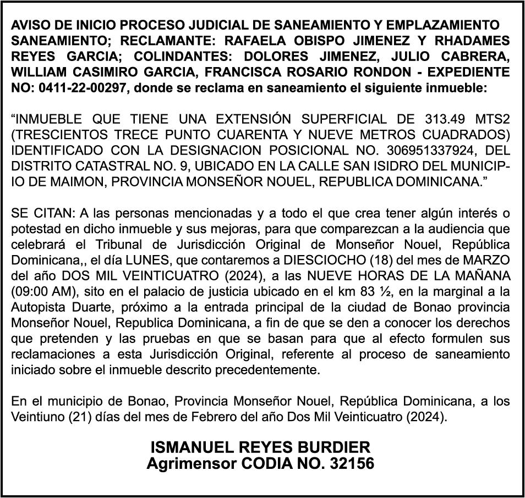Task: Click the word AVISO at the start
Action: pos(28,25)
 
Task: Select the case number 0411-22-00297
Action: pos(80,87)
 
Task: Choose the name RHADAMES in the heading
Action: pos(473,41)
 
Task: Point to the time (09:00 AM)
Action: pos(40,290)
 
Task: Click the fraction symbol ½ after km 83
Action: pos(375,290)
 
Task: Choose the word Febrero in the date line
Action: pos(231,417)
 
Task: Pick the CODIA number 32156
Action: pos(352,463)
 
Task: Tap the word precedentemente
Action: pos(273,369)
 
